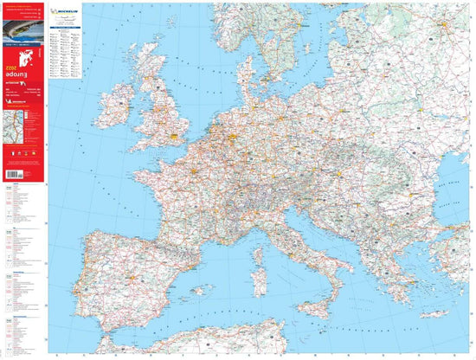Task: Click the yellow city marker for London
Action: pyautogui.click(x=178, y=135)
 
